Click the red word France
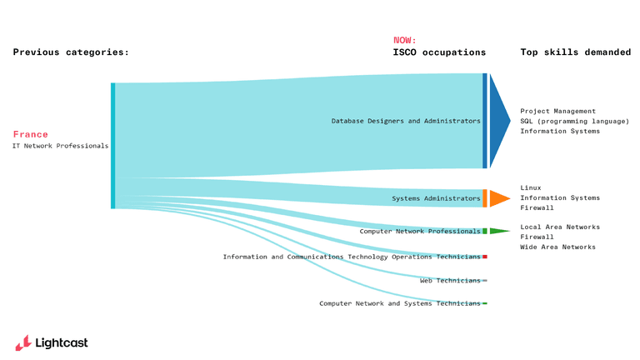[31, 134]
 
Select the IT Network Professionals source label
[61, 146]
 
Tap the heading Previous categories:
[71, 52]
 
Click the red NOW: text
[404, 40]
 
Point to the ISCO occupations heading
[439, 52]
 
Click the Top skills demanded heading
[576, 52]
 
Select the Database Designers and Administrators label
[406, 121]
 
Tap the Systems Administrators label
[436, 198]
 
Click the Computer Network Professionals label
[420, 231]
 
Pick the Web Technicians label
[450, 281]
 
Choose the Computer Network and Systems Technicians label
[400, 303]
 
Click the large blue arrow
[498, 121]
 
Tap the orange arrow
[498, 198]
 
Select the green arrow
[497, 231]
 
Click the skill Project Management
[557, 111]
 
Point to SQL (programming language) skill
[574, 121]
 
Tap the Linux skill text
[530, 187]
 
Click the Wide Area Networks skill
[557, 247]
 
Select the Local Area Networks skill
[559, 227]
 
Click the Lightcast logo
[51, 342]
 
